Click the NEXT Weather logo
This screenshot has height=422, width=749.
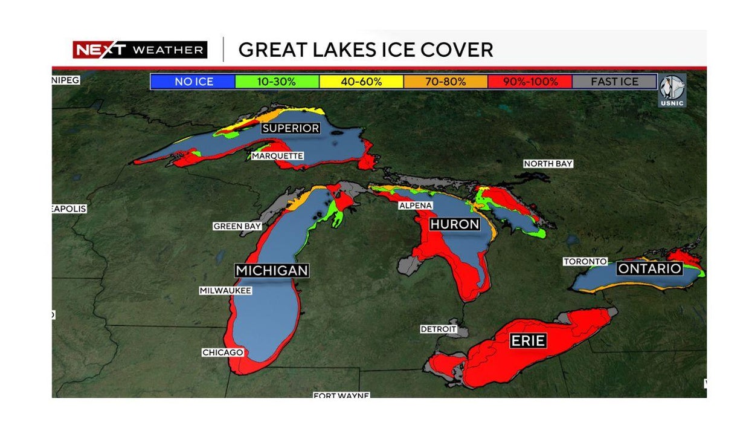[x=140, y=50]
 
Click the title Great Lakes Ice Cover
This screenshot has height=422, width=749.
[x=365, y=50]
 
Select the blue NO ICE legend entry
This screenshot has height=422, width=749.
[x=193, y=82]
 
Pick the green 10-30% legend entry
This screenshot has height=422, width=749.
[x=277, y=82]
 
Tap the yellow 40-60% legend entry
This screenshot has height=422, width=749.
[x=361, y=82]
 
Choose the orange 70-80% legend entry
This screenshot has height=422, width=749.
[x=445, y=82]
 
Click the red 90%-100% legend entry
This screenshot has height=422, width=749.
[x=530, y=82]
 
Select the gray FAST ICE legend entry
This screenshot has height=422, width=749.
[x=614, y=82]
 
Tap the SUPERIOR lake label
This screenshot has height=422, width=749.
[x=291, y=128]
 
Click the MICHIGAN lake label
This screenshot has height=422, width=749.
[x=272, y=270]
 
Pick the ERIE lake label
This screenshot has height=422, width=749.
[x=528, y=341]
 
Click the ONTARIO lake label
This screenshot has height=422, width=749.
[x=649, y=268]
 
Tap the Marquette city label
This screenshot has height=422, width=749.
[x=277, y=156]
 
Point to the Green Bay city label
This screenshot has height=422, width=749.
[x=237, y=226]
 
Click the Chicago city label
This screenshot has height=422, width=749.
[x=222, y=352]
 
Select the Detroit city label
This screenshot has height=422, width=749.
[x=439, y=329]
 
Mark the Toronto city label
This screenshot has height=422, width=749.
[x=585, y=261]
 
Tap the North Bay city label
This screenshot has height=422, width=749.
[x=548, y=164]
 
